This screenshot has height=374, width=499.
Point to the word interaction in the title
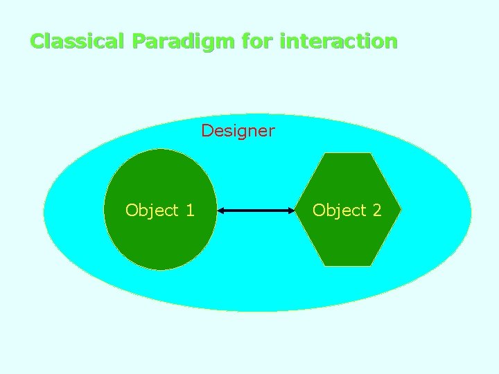pos(338,41)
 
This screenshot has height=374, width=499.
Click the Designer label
pos(238,130)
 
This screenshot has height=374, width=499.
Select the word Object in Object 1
pos(152,211)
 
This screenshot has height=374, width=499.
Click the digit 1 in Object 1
pos(190,211)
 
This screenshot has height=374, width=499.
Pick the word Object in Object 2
pos(339,211)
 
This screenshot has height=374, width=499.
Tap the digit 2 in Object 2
pos(377,211)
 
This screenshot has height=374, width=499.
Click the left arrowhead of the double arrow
pos(220,210)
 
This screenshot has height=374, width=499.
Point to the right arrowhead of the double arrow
pos(293,210)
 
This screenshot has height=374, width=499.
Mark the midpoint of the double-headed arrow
pos(256,210)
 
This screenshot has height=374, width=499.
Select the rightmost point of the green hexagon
pos(401,209)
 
